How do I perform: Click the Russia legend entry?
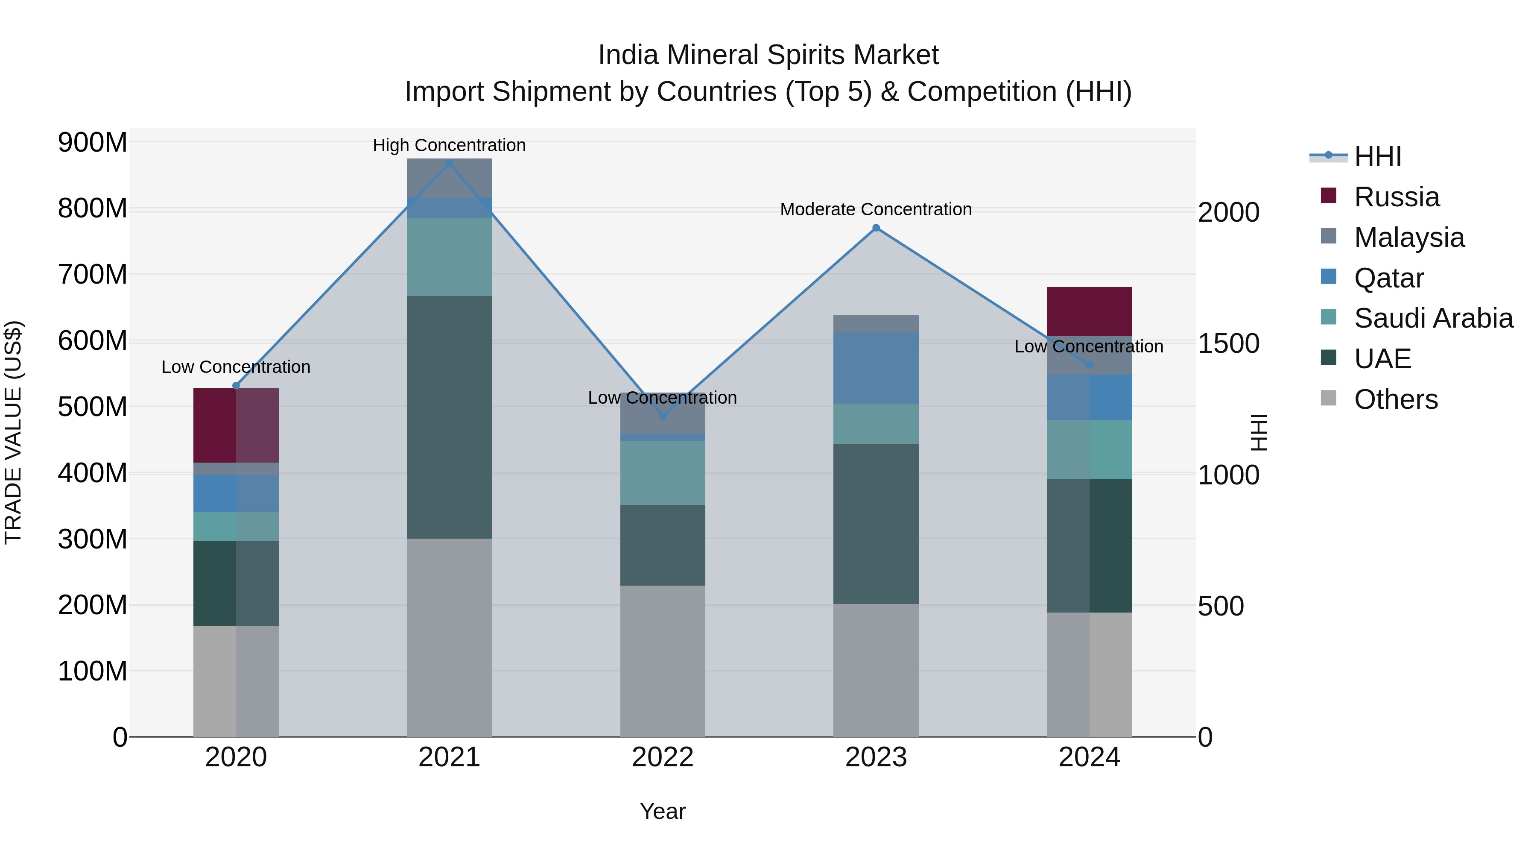point(1396,197)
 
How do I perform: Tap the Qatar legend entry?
point(1388,278)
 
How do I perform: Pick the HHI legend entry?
point(1377,156)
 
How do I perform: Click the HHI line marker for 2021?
point(449,163)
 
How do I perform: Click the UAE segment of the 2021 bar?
point(449,417)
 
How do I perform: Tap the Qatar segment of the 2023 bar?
point(876,368)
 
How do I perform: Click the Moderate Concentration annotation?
point(876,210)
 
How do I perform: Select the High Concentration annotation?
point(449,145)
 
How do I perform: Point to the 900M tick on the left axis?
point(93,143)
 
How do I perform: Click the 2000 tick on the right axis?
point(1228,213)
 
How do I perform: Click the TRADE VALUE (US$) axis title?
point(13,432)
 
